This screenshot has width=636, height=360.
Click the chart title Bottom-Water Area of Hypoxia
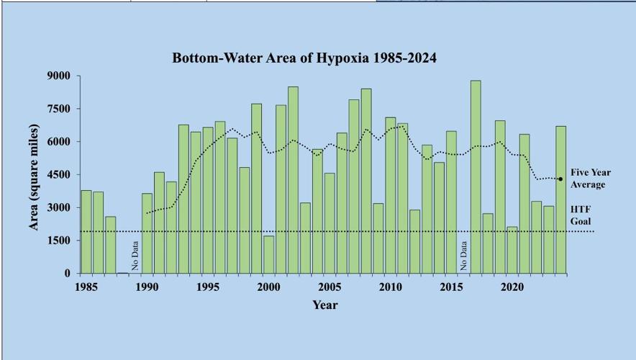[x=304, y=58]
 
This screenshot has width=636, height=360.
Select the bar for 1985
[x=86, y=232]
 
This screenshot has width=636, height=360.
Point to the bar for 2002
[x=294, y=180]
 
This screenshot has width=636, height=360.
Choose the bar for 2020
[x=512, y=250]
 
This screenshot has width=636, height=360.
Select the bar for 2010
[x=391, y=195]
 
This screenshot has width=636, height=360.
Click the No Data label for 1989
[x=135, y=256]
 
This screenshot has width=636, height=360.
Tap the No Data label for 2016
[x=464, y=256]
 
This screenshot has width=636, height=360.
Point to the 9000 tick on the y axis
[x=58, y=76]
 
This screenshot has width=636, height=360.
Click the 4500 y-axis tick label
[x=58, y=174]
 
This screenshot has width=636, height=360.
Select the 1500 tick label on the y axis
[x=58, y=240]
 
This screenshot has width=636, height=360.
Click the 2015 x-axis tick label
[x=450, y=287]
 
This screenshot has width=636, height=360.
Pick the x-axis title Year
[x=325, y=305]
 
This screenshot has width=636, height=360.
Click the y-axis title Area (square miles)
[x=34, y=177]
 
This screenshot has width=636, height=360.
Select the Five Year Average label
[x=588, y=179]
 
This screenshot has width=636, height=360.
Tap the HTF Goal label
[x=581, y=215]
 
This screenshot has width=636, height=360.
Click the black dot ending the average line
[x=560, y=179]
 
